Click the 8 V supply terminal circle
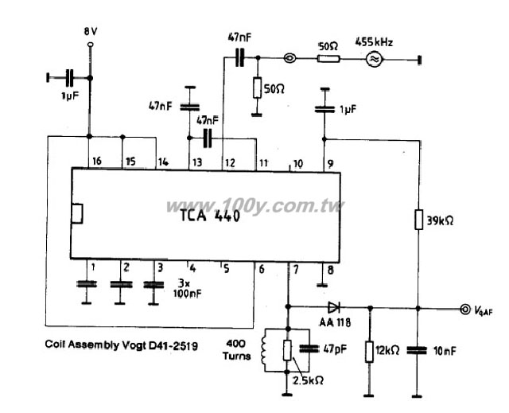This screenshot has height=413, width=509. pyautogui.click(x=91, y=45)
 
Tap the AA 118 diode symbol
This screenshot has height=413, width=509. pyautogui.click(x=334, y=307)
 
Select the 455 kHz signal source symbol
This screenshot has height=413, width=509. pyautogui.click(x=374, y=60)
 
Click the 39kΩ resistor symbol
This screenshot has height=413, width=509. pyautogui.click(x=419, y=220)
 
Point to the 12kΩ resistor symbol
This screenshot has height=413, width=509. pyautogui.click(x=369, y=352)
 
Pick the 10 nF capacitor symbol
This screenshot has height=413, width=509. pyautogui.click(x=417, y=350)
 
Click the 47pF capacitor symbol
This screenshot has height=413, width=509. pyautogui.click(x=310, y=349)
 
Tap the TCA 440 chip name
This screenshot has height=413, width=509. pyautogui.click(x=210, y=215)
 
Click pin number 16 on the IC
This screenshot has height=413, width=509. pyautogui.click(x=97, y=161)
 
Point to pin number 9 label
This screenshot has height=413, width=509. pyautogui.click(x=330, y=164)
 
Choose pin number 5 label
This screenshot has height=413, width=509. pyautogui.click(x=226, y=269)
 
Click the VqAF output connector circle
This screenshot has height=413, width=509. pyautogui.click(x=464, y=309)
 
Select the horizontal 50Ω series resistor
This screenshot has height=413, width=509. pyautogui.click(x=328, y=59)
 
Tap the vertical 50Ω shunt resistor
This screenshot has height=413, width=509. pyautogui.click(x=257, y=88)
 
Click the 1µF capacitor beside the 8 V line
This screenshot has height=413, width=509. pyautogui.click(x=69, y=78)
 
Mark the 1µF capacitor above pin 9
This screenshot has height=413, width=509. pyautogui.click(x=324, y=109)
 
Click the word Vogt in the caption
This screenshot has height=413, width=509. pyautogui.click(x=134, y=345)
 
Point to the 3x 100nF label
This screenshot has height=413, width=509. pyautogui.click(x=188, y=288)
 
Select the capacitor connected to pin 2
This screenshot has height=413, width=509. pyautogui.click(x=121, y=285)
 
